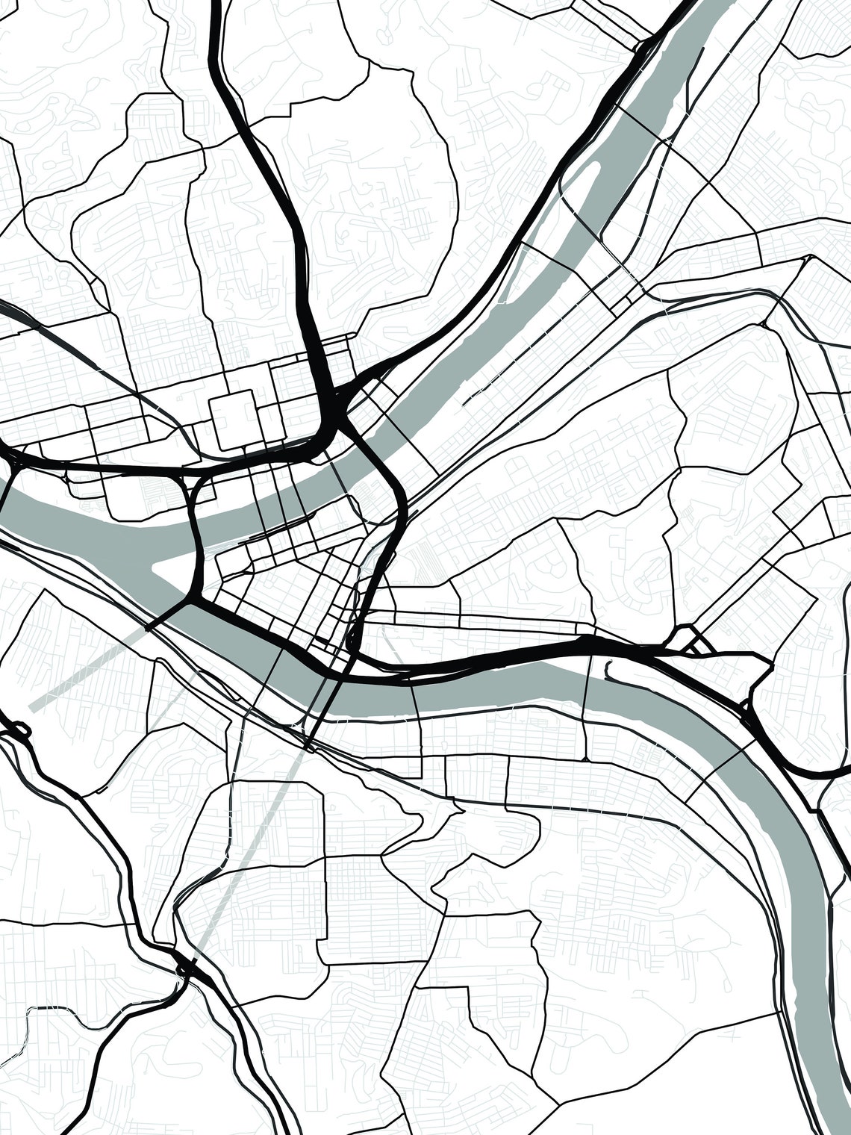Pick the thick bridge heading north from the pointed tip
tap(196, 523)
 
